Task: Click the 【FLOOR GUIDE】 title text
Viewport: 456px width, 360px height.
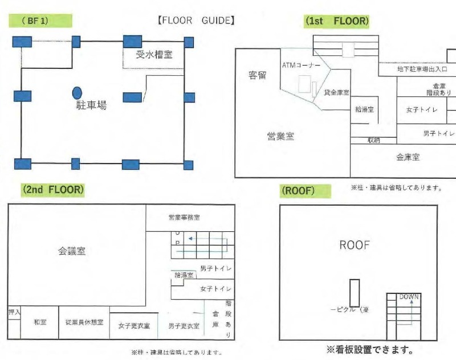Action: (x=196, y=21)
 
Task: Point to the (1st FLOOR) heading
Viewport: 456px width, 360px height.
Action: (x=337, y=21)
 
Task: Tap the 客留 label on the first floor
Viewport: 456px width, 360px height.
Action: (x=258, y=75)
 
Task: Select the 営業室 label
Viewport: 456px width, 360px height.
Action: (x=280, y=136)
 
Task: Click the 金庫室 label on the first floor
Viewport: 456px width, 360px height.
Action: (x=408, y=157)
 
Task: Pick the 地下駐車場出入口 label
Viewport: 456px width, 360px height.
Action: (x=422, y=69)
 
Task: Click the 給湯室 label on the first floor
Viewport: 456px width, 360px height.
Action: (x=364, y=109)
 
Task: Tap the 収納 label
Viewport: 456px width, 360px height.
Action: (x=373, y=140)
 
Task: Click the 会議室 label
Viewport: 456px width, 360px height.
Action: (x=72, y=251)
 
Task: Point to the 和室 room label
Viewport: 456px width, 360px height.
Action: (x=40, y=322)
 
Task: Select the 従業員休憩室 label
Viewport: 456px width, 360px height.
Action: (x=84, y=322)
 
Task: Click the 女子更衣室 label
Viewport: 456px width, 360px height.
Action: (x=134, y=326)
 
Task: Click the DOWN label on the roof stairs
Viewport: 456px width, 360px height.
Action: (x=409, y=297)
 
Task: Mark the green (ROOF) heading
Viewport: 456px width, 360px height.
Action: (x=298, y=191)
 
